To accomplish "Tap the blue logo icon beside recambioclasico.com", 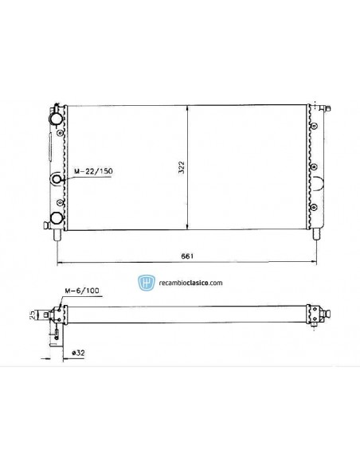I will point(145,282).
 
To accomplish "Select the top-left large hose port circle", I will point(57,119).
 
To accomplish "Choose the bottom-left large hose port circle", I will point(57,218).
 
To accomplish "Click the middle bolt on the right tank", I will point(315,166).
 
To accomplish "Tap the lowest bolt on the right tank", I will point(315,207).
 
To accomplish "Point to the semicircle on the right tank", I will point(319,185).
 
